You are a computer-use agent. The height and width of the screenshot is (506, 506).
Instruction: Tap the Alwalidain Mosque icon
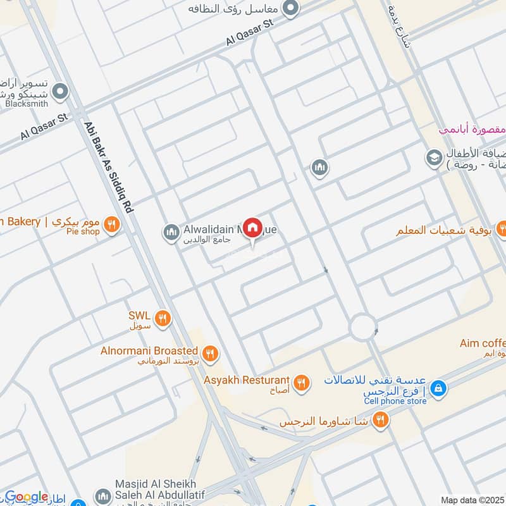[170, 233]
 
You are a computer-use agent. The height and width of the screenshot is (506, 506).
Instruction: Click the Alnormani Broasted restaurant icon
[211, 354]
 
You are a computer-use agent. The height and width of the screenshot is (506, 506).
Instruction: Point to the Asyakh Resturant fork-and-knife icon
[302, 382]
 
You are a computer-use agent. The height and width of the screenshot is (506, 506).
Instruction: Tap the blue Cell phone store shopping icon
[438, 387]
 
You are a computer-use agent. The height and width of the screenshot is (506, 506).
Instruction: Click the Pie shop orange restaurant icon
[112, 225]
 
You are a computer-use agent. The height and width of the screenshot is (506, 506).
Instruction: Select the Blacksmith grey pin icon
[61, 92]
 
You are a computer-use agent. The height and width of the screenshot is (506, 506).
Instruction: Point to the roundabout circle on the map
[363, 326]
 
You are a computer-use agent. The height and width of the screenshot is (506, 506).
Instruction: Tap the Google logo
[27, 497]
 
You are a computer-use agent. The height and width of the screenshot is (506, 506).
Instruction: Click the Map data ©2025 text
[471, 500]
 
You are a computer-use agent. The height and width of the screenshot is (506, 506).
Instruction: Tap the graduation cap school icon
[434, 157]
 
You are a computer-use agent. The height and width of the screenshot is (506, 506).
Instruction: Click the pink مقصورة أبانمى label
[472, 130]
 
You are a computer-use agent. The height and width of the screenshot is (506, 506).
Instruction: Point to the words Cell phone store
[395, 401]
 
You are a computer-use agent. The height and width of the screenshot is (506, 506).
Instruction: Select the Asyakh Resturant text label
[247, 381]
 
